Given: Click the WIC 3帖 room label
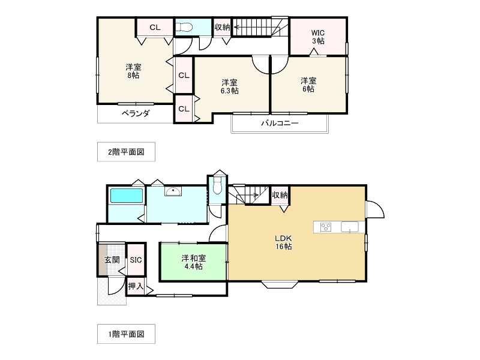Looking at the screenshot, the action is (318, 37).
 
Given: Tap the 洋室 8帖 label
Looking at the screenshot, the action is (133, 71).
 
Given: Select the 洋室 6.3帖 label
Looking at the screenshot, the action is (230, 86).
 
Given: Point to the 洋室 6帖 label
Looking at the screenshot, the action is (308, 85).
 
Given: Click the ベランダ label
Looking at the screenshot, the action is (136, 113).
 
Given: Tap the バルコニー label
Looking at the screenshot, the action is (280, 124).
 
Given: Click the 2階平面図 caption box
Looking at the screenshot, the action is (126, 152).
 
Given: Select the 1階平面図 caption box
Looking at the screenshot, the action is (126, 334).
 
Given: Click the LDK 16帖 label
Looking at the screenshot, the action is (283, 242).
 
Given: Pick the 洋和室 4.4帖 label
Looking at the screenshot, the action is (193, 262).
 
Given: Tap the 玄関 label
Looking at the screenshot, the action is (112, 260).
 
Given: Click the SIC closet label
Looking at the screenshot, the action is (136, 260).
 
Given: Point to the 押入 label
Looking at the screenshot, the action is (136, 286).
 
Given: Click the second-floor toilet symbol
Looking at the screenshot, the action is (184, 27).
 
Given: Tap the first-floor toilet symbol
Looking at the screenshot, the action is (217, 185).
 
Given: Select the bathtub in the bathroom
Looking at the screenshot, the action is (127, 196).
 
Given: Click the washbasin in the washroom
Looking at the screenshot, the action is (173, 191).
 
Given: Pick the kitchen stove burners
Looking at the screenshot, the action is (326, 227).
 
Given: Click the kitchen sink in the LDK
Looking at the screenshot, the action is (350, 227).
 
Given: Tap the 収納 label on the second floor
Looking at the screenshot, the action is (222, 27).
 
